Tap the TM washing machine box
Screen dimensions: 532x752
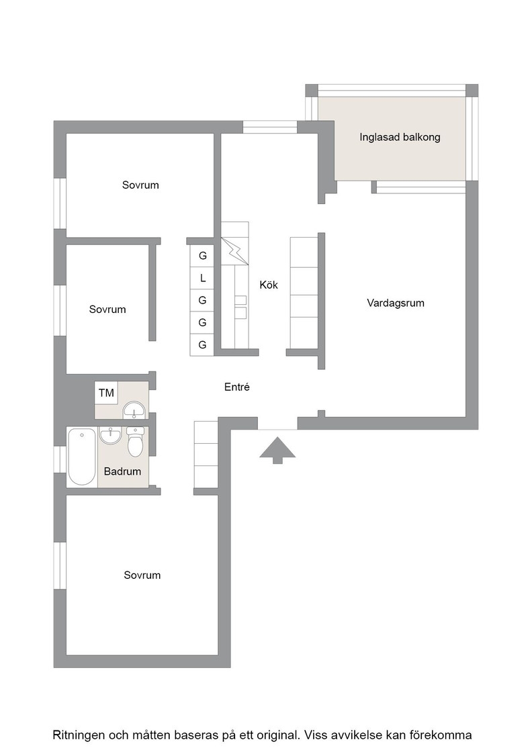[107, 393]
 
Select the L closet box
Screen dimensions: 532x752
[202, 278]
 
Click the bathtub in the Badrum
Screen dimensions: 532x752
[81, 457]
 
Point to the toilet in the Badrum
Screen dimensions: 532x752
[135, 442]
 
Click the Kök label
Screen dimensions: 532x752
[269, 285]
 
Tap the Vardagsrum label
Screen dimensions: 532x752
[395, 303]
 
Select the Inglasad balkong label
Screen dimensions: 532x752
[400, 137]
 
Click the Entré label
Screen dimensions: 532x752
[237, 387]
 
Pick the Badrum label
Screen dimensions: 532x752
[122, 471]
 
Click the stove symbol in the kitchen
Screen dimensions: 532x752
[235, 251]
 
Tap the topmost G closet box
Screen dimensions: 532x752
[202, 256]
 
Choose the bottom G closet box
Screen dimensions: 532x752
[202, 345]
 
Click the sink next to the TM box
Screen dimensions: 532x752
[134, 411]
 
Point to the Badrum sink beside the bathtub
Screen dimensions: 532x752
[112, 436]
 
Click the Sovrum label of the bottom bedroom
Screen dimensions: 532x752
[142, 575]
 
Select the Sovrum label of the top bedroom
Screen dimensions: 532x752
[140, 185]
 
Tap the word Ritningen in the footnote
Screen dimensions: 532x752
[78, 735]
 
